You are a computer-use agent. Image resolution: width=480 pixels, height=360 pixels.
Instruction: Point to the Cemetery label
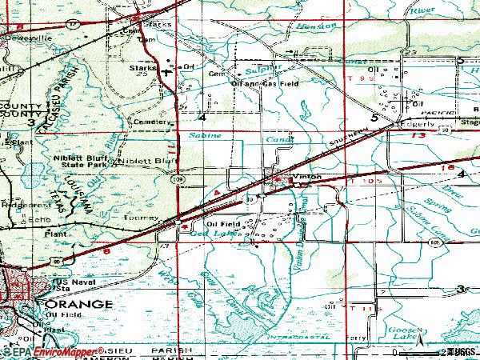154,122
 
